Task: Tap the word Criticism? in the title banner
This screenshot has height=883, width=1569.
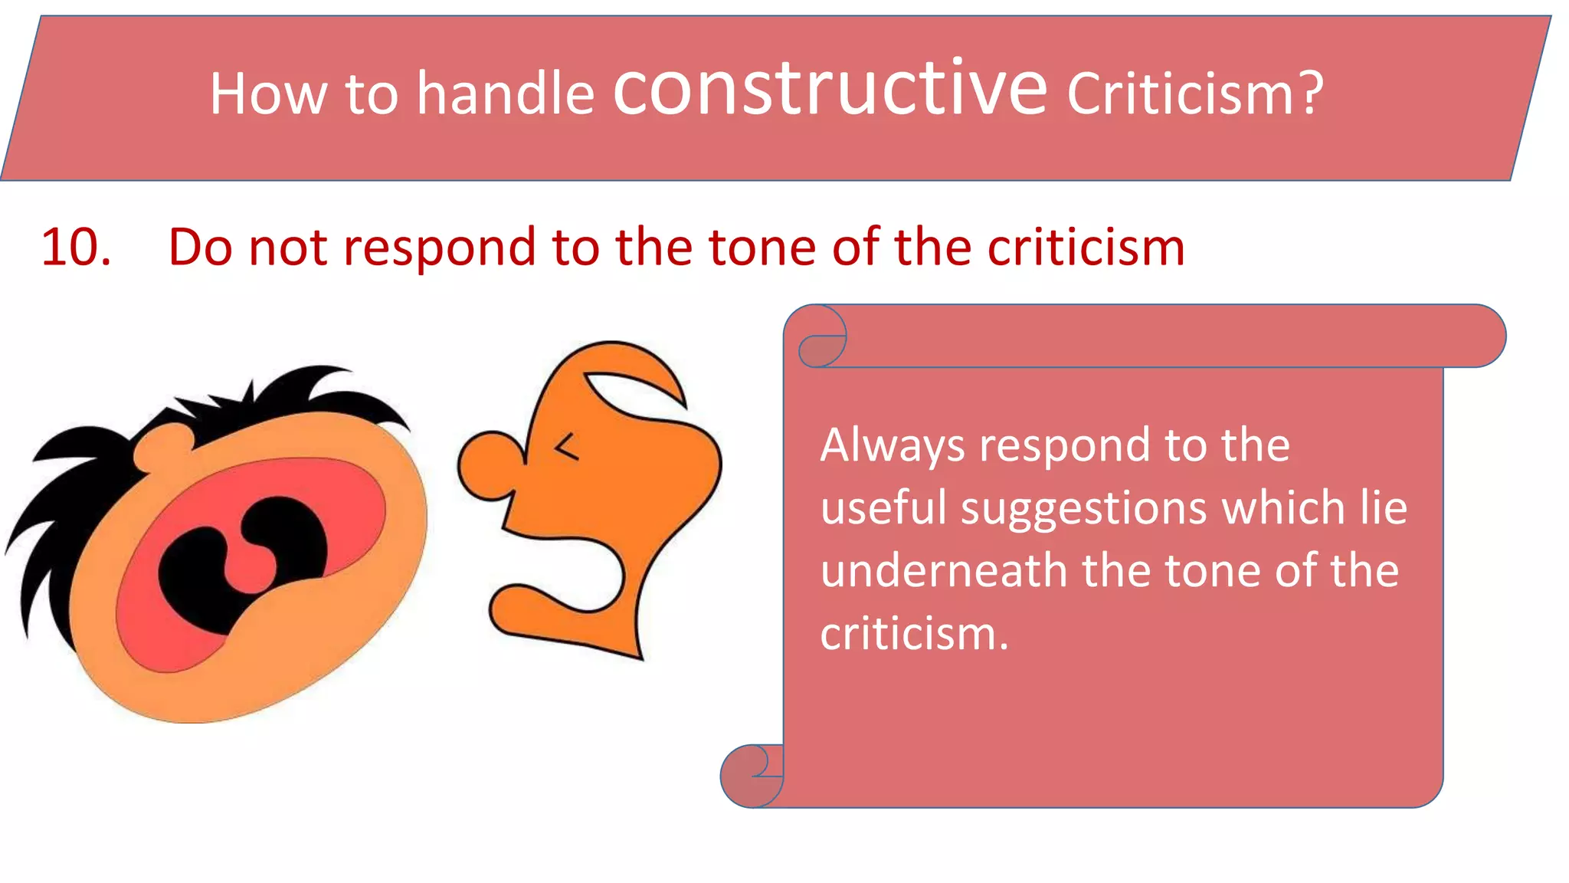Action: [1195, 94]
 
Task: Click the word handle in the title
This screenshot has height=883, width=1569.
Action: [506, 94]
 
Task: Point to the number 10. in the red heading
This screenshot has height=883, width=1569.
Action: [76, 248]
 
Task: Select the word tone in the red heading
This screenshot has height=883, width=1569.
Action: [762, 248]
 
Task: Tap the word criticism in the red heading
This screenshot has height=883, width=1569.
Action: [1086, 248]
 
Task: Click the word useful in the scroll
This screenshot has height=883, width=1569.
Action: [883, 508]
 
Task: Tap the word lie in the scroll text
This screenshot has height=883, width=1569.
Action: [1384, 508]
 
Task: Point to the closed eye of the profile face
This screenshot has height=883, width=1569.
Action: [566, 446]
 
